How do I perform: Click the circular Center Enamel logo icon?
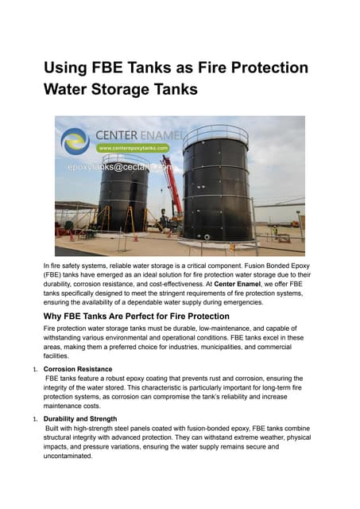[75, 141]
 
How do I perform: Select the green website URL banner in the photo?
[133, 148]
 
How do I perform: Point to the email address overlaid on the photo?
[118, 168]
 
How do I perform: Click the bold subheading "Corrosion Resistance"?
[79, 369]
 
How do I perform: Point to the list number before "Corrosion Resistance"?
[34, 370]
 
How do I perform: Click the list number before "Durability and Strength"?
[34, 419]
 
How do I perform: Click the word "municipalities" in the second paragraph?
[229, 348]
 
